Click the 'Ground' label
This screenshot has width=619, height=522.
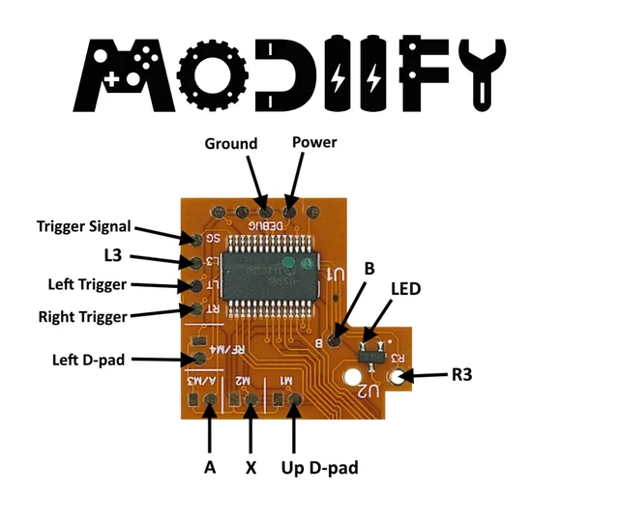[x=231, y=144]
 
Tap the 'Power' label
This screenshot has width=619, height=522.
[x=314, y=143]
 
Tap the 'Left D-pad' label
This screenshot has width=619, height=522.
[x=89, y=361]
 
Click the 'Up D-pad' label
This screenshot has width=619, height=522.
[x=319, y=468]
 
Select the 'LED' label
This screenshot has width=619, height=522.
[x=406, y=289]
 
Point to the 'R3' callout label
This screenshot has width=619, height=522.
[x=461, y=376]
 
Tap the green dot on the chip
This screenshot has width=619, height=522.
[x=287, y=263]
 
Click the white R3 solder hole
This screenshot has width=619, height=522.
[x=398, y=376]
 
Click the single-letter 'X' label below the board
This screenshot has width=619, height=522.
[x=251, y=468]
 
